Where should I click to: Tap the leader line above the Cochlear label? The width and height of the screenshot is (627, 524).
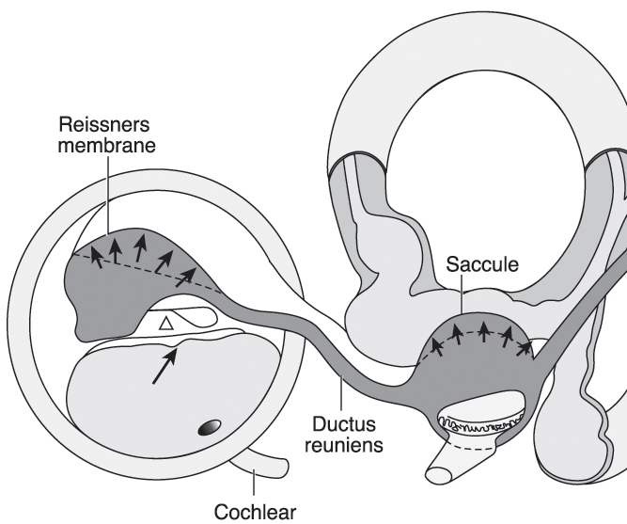254,482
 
